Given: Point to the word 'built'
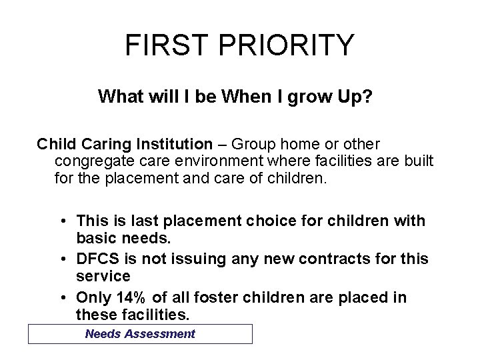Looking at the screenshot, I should click(x=418, y=161).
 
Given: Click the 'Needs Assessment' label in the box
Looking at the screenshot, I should click(x=140, y=334).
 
